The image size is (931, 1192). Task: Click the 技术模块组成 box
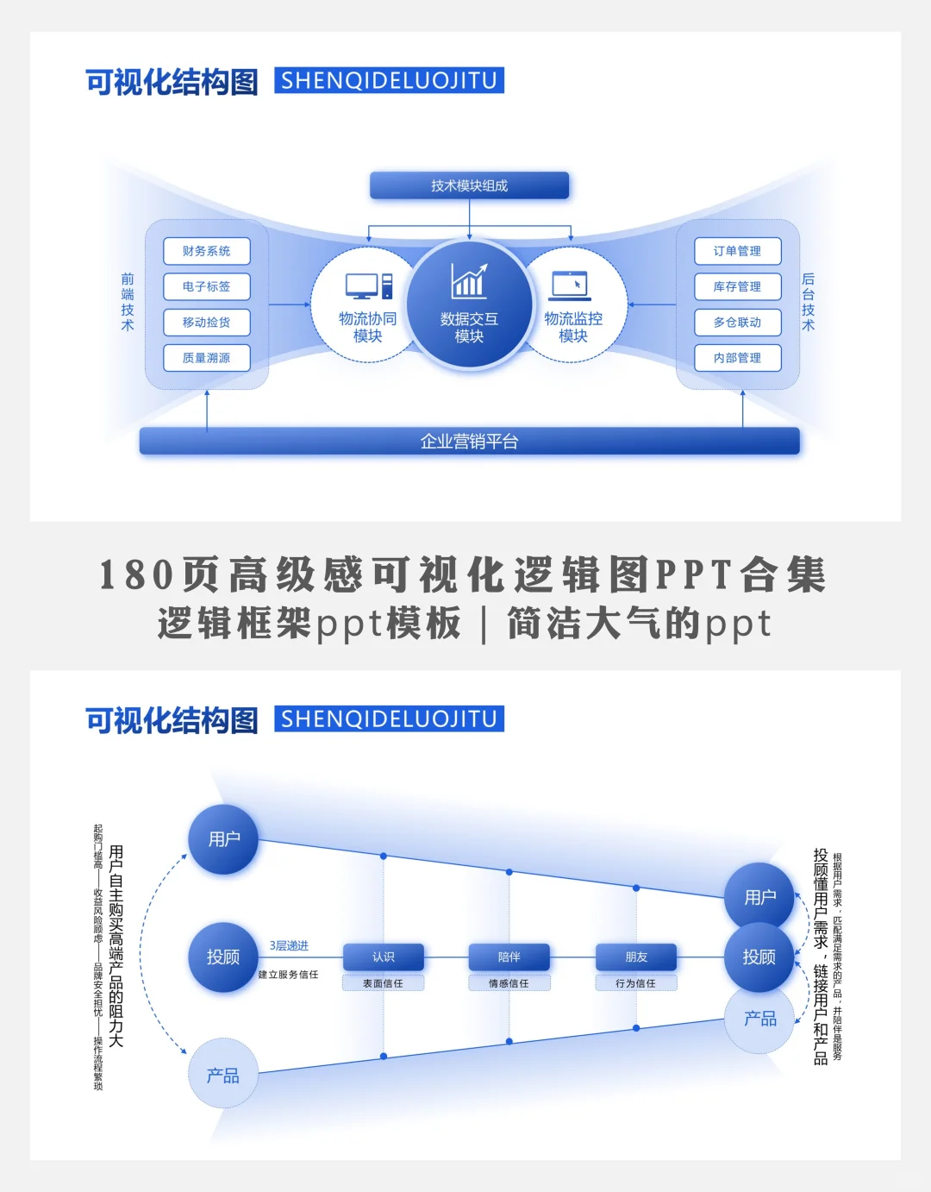click(469, 185)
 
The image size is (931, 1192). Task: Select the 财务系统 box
click(206, 251)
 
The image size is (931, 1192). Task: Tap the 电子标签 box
click(206, 286)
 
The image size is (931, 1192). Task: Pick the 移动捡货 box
click(206, 322)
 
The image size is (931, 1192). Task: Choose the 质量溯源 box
click(206, 358)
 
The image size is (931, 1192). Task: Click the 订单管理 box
click(737, 251)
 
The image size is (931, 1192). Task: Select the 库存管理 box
click(737, 286)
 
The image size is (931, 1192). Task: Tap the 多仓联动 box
click(737, 322)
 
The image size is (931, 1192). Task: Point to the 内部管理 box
click(737, 358)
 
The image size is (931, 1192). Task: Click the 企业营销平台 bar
click(469, 442)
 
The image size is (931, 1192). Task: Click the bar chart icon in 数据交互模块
click(469, 281)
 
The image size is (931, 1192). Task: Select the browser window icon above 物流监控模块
click(570, 284)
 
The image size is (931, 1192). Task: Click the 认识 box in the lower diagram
click(383, 957)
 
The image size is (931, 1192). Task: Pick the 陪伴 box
click(509, 957)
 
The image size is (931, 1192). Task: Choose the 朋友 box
click(636, 957)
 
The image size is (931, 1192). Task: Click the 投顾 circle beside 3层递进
click(223, 957)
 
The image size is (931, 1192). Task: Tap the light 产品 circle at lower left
click(223, 1075)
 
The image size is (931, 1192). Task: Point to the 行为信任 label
click(635, 983)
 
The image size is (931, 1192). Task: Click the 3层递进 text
click(289, 946)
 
